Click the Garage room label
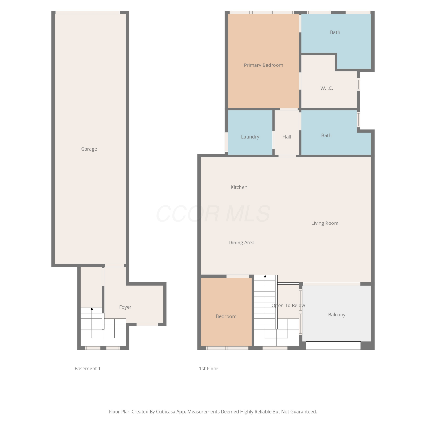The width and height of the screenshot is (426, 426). [x=89, y=149]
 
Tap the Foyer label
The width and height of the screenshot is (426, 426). [x=125, y=307]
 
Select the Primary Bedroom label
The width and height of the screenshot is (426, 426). [x=263, y=65]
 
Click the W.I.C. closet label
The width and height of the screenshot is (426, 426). [x=327, y=88]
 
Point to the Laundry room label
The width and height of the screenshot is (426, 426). [x=250, y=137]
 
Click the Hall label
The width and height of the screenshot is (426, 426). [x=287, y=137]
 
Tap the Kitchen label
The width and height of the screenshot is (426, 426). [x=239, y=187]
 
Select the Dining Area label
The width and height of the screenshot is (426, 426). [x=241, y=243]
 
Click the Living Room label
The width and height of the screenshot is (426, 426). [x=325, y=223]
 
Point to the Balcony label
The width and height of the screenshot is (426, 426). [x=337, y=315]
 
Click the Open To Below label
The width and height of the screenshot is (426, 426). [x=288, y=306]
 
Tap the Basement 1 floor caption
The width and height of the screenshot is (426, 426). [x=87, y=369]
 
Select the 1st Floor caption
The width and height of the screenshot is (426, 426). [x=208, y=369]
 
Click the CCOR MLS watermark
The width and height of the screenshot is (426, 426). [x=213, y=214]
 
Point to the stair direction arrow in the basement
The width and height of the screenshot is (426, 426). [x=92, y=323]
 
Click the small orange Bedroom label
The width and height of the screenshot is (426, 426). [x=226, y=316]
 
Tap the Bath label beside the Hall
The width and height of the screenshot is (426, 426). [x=326, y=136]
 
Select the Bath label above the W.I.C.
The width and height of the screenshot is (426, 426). [x=335, y=32]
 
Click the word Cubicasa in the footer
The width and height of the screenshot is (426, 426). [x=166, y=412]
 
